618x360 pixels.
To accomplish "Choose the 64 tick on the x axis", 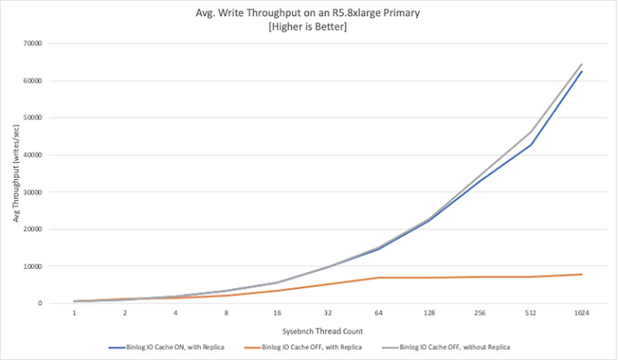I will pos(378,314).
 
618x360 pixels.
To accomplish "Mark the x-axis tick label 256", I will pos(480,314).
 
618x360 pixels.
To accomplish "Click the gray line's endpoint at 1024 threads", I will pos(582,64).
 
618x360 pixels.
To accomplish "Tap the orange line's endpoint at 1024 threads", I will pos(582,274).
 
